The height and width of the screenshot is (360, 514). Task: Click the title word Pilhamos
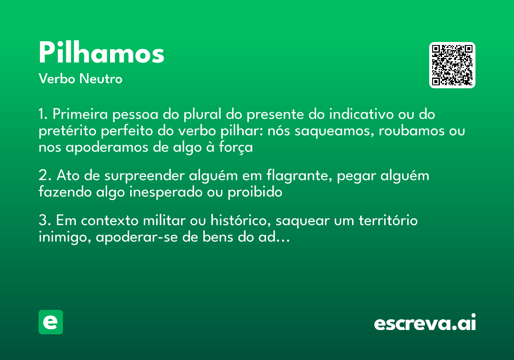tap(102, 54)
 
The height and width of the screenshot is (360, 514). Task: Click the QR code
tap(452, 65)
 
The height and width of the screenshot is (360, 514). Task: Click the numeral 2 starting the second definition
tap(42, 176)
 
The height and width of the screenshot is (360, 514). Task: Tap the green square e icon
tap(51, 322)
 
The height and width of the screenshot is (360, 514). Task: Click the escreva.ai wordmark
tap(425, 323)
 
